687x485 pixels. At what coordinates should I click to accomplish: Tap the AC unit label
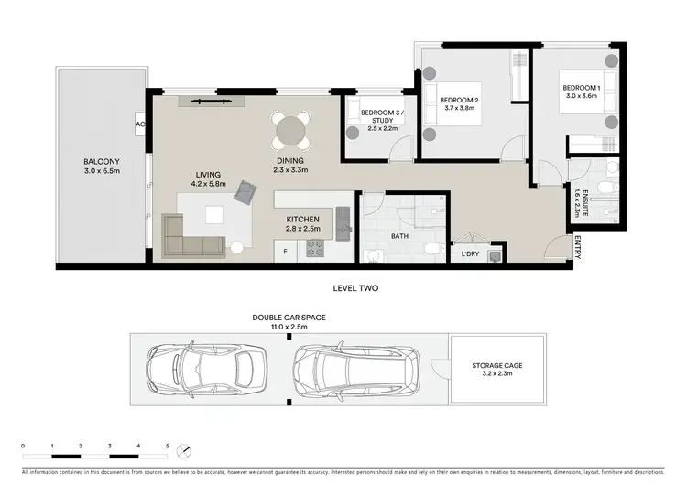[140, 124]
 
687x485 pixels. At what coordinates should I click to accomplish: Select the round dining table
[292, 131]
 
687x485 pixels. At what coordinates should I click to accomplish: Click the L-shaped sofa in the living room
[192, 234]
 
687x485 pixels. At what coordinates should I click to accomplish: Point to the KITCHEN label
[302, 220]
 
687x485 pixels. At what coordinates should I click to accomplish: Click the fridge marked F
[285, 251]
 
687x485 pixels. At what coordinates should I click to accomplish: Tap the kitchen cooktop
[315, 248]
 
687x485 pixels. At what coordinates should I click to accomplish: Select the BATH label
[399, 235]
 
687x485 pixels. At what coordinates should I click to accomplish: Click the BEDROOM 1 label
[579, 89]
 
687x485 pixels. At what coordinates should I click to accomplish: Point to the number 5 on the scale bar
[167, 446]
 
